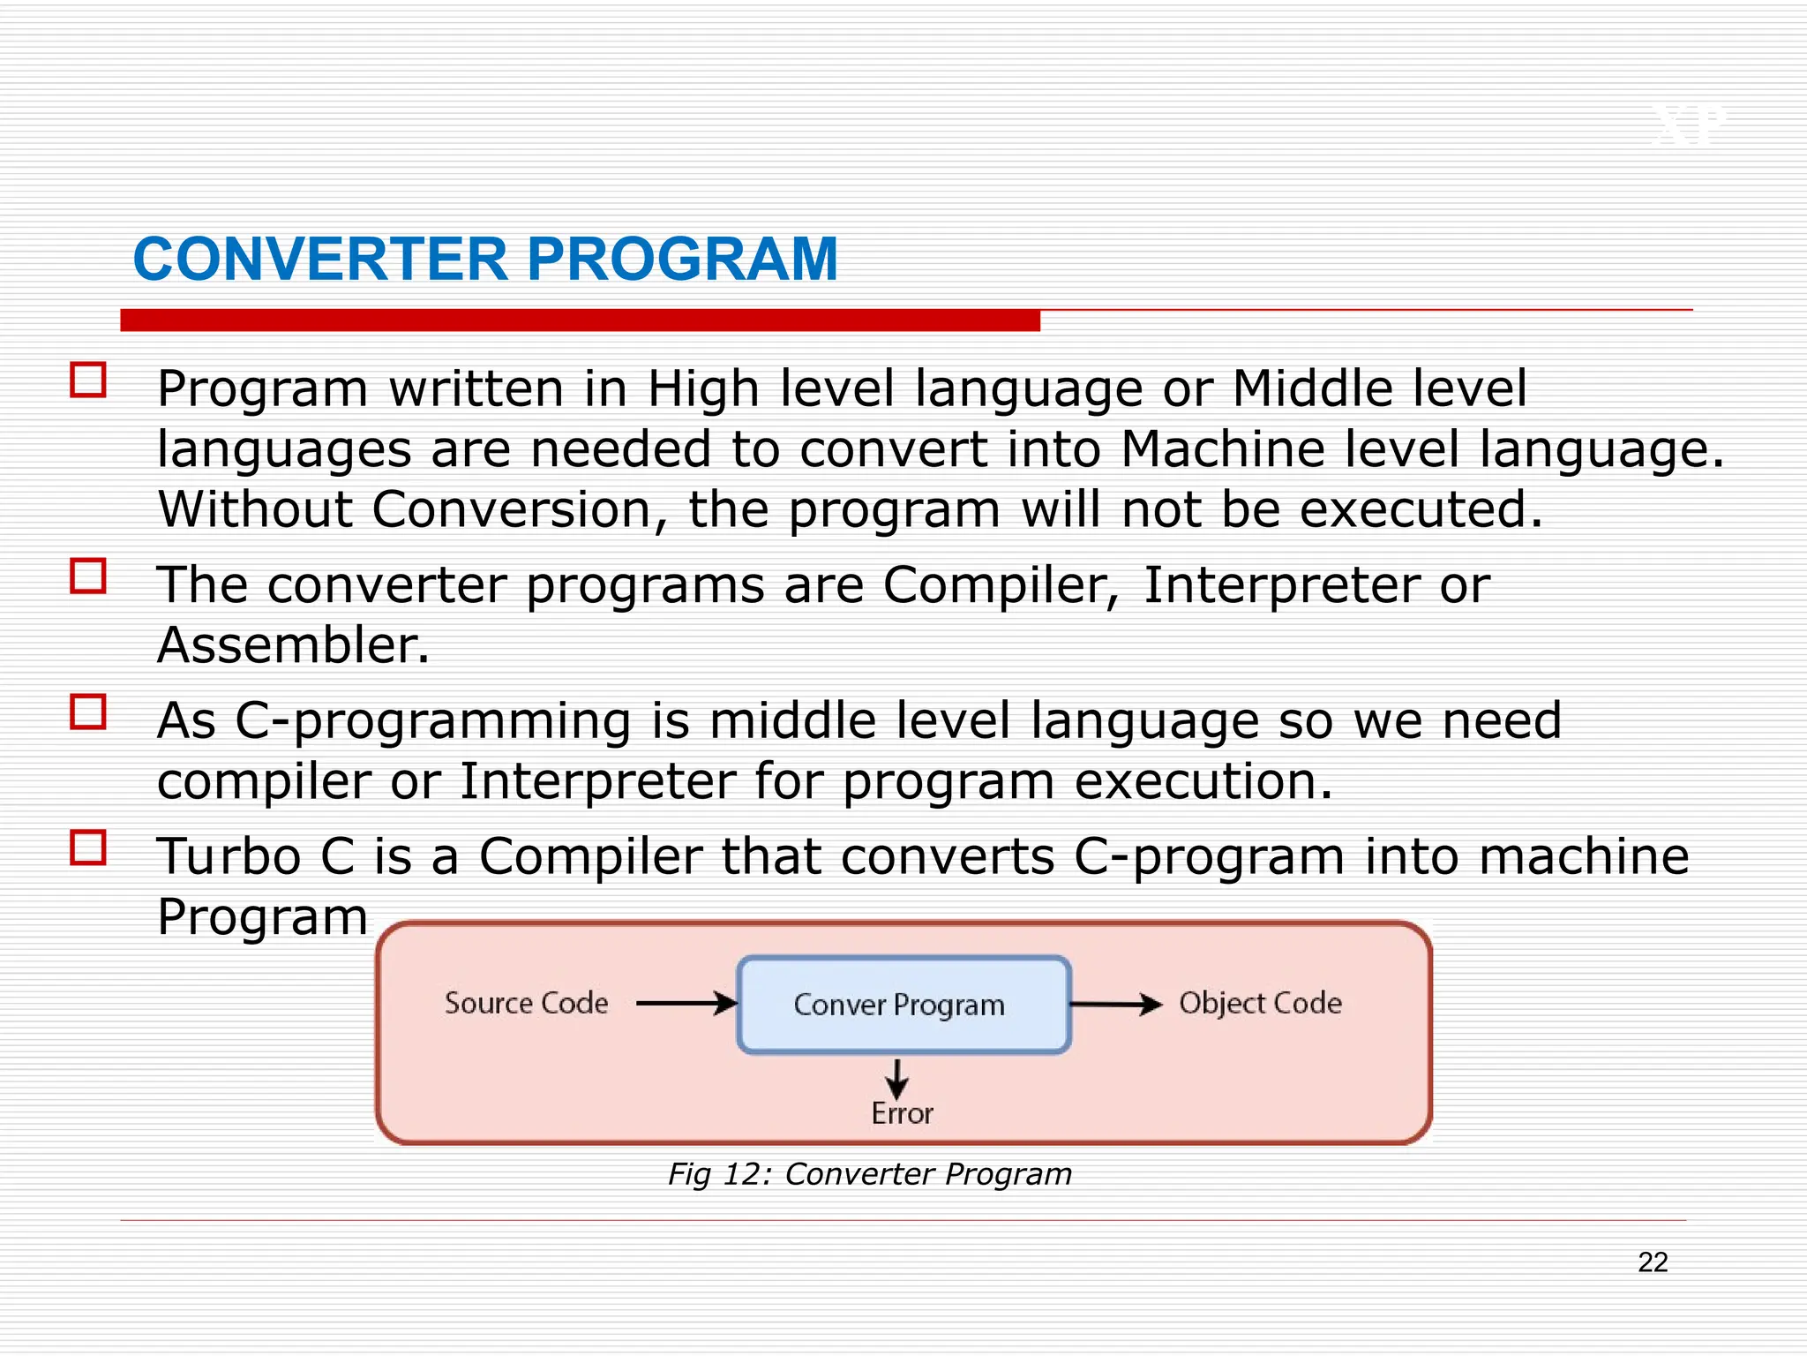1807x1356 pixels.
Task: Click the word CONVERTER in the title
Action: pos(320,260)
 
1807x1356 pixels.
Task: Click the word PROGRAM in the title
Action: pos(682,260)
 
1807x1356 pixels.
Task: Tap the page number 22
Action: pos(1652,1262)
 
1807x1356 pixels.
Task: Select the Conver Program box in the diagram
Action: pos(903,1005)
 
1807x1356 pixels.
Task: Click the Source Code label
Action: pos(526,1004)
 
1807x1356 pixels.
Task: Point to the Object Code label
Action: pos(1260,1004)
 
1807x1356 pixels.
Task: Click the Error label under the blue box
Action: pos(902,1114)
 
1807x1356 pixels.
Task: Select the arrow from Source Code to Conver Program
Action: pos(686,1004)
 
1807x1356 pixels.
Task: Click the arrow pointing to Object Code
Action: pos(1116,1005)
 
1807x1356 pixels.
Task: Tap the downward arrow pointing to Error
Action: pos(897,1079)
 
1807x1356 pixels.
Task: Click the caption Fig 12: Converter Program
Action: pos(870,1174)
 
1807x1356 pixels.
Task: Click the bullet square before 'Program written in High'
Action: pos(88,380)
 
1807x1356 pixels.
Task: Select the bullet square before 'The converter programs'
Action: pos(88,576)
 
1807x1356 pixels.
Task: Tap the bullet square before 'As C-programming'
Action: pos(88,712)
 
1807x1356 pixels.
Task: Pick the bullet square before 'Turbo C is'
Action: pos(88,847)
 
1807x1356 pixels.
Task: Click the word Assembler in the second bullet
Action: pos(292,645)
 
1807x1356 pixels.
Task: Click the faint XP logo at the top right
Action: pos(1688,126)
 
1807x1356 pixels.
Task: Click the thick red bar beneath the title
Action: pos(580,320)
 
